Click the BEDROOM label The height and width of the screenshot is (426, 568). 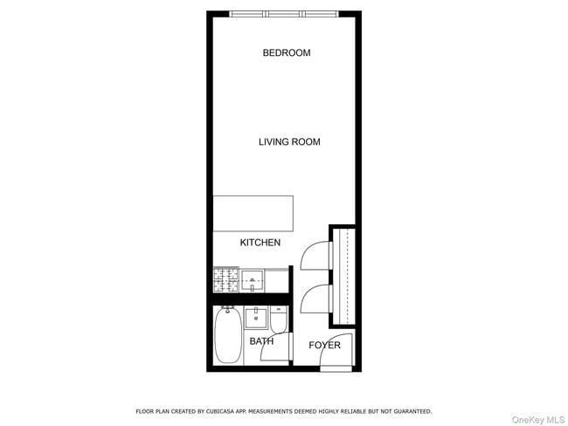(x=287, y=53)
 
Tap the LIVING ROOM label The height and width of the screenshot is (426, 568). (x=289, y=142)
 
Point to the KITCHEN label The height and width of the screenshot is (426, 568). (x=260, y=243)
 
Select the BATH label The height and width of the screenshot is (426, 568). (x=261, y=341)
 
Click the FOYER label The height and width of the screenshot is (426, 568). (x=324, y=346)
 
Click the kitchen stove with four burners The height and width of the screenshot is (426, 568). (x=225, y=280)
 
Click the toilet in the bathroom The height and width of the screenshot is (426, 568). (x=279, y=320)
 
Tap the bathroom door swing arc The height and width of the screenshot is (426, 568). (x=282, y=346)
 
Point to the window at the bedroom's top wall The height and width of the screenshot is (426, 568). (x=285, y=14)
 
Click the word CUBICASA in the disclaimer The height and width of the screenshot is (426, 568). (x=226, y=411)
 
